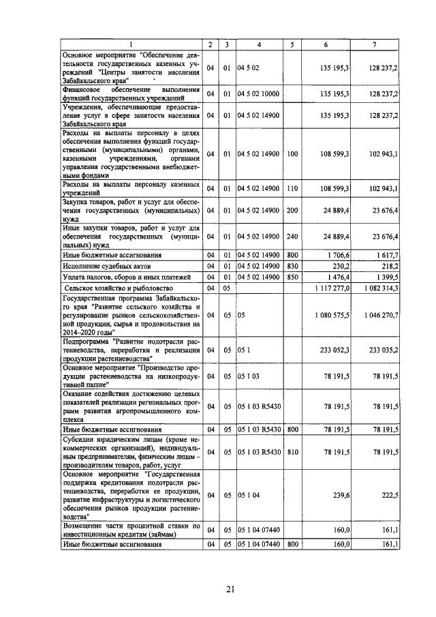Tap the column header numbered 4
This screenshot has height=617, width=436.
coord(258,45)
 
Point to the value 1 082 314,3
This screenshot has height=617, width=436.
coord(380,288)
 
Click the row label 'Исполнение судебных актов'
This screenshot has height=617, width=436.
coord(106,265)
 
